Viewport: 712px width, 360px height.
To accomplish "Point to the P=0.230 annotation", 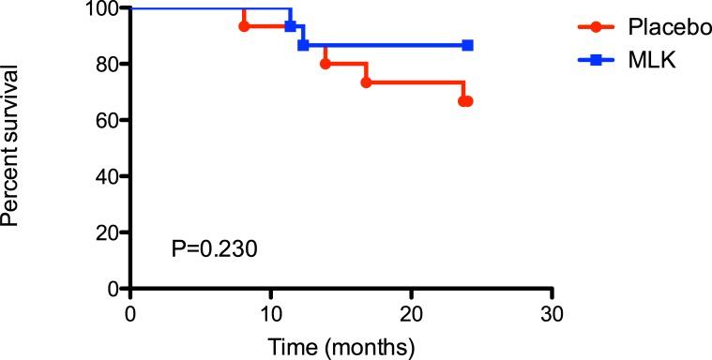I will pos(214,249).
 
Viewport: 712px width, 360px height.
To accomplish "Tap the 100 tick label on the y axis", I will pos(105,8).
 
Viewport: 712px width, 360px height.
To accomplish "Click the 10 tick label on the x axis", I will pos(271,310).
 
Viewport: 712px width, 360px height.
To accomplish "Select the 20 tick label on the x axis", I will pos(412,310).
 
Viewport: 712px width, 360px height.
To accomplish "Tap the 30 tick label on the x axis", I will pos(553,310).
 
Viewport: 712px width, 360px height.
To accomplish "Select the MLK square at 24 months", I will pos(467,45).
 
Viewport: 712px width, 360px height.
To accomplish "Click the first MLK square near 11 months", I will pos(291,26).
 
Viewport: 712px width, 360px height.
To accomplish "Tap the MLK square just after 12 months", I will pos(303,45).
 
